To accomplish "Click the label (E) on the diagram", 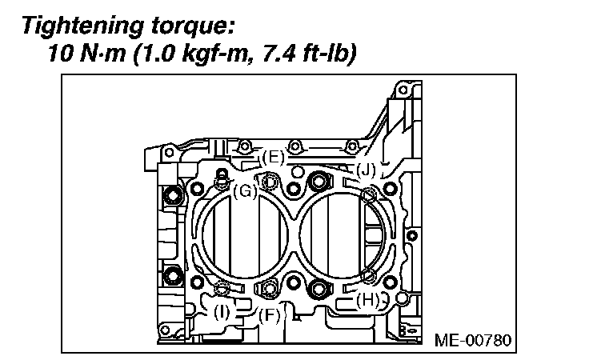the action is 273,158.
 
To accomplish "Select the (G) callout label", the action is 245,190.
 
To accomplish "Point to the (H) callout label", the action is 367,301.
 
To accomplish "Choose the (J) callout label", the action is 366,169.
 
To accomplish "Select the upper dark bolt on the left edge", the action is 170,194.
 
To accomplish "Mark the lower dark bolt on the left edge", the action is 170,278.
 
